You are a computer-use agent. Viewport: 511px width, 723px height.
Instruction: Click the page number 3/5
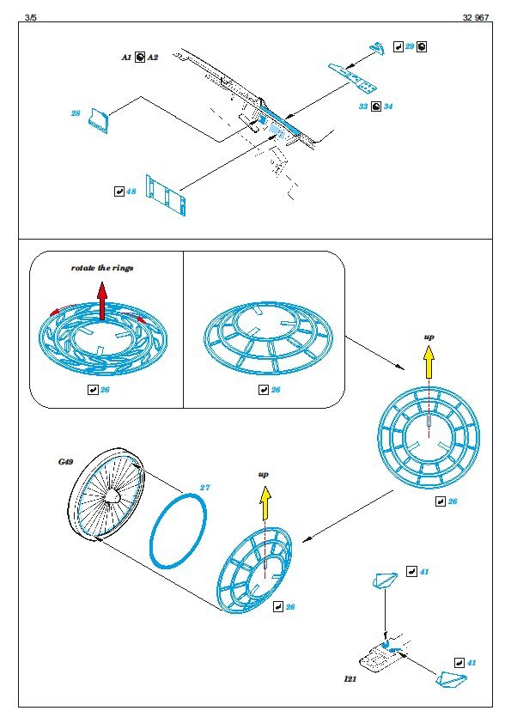coord(30,17)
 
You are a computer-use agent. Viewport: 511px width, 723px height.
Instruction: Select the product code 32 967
coord(476,17)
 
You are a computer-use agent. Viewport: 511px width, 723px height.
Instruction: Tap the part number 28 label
coord(76,113)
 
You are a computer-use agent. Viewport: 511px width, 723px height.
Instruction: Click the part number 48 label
coord(131,191)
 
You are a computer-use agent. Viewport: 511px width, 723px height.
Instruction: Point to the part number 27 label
coord(204,488)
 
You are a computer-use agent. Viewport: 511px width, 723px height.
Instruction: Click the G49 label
coord(65,462)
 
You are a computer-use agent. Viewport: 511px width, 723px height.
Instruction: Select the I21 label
coord(350,678)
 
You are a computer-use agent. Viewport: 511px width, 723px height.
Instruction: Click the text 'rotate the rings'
coord(102,268)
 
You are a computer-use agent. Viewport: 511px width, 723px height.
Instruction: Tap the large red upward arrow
coord(102,301)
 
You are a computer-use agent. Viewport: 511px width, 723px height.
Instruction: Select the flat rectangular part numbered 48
coord(166,195)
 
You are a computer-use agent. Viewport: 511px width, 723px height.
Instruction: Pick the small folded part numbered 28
coord(100,121)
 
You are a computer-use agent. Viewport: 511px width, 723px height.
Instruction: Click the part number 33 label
coord(363,106)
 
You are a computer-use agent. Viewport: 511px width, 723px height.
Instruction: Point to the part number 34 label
coord(388,106)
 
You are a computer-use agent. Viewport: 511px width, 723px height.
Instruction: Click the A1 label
coord(126,58)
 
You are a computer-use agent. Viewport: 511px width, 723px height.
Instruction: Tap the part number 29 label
coord(410,46)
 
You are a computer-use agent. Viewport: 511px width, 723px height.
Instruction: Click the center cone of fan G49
coord(112,496)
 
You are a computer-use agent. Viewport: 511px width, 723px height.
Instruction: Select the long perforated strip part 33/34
coord(353,77)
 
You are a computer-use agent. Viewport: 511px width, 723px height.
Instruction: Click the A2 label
coord(152,58)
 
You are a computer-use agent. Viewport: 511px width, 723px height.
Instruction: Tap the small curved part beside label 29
coord(379,47)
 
